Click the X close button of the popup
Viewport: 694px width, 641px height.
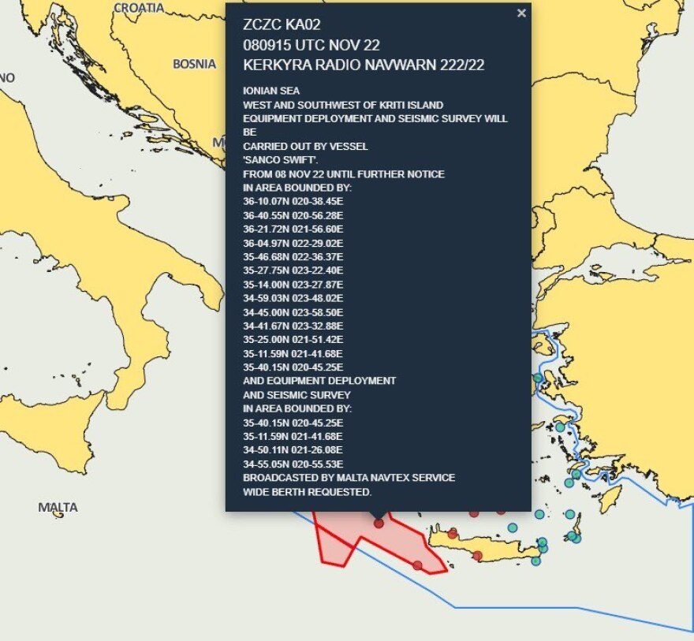click(x=520, y=13)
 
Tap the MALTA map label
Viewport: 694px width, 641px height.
click(x=58, y=507)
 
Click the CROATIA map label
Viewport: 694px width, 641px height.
click(x=139, y=7)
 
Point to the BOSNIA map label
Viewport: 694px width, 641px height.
click(x=194, y=64)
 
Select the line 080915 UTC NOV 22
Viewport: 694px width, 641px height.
click(x=312, y=45)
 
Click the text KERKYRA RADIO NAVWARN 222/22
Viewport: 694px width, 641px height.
click(x=363, y=65)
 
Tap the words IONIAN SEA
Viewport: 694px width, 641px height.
click(x=271, y=91)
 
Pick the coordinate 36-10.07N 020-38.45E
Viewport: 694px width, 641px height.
click(x=293, y=201)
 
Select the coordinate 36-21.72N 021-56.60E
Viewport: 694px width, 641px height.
click(x=293, y=229)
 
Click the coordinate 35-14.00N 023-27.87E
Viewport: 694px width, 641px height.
click(x=293, y=284)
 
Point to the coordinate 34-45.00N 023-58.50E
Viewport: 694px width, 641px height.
click(x=293, y=311)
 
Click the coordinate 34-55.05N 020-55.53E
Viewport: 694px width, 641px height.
click(x=293, y=464)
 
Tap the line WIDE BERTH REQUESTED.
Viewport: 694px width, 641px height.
click(x=307, y=491)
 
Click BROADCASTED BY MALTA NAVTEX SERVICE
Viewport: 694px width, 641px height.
click(x=349, y=478)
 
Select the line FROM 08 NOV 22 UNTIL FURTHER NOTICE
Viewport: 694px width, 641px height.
click(x=343, y=173)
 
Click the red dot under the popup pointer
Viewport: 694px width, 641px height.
click(x=379, y=523)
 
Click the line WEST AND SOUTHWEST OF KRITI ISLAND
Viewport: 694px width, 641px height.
click(x=342, y=105)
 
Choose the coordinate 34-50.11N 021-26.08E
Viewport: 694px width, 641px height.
click(x=293, y=449)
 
